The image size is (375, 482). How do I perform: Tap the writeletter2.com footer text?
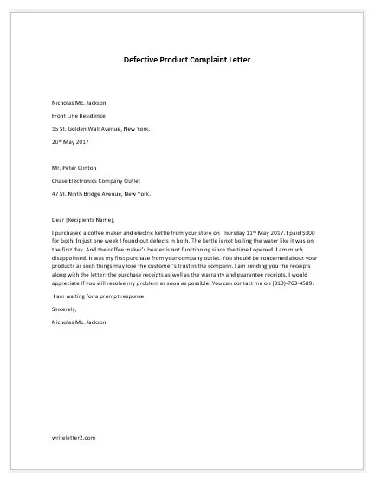click(73, 438)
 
